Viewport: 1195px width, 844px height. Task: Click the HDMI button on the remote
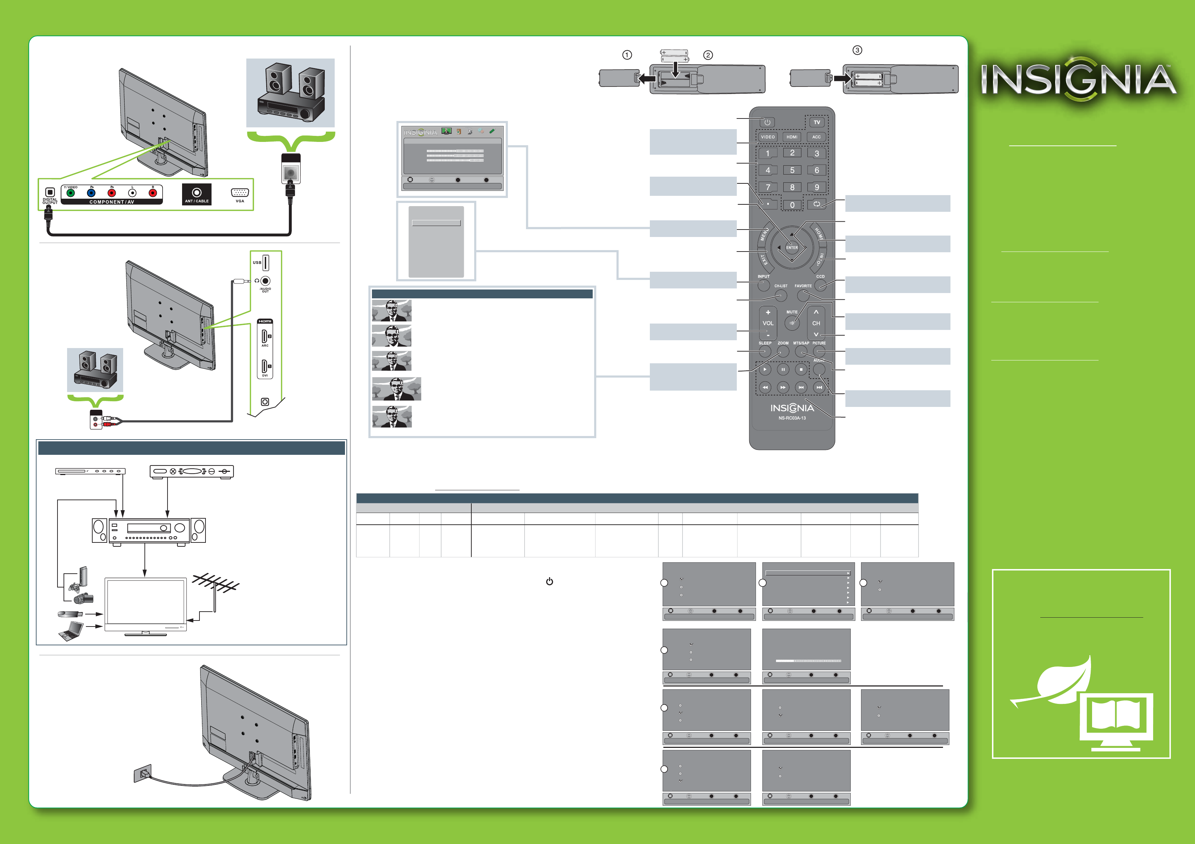791,137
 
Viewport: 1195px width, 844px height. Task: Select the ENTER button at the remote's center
791,248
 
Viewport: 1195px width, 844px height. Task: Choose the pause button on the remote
783,369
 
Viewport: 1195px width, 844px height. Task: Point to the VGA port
240,193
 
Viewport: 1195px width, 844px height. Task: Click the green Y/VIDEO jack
71,193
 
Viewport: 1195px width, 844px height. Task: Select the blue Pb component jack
91,193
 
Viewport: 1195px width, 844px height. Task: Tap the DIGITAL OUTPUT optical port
50,193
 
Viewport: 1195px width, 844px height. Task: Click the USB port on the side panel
265,263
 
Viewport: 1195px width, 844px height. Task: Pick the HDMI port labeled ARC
264,336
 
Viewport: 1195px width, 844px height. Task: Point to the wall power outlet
143,774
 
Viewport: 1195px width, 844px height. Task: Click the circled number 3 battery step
857,50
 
